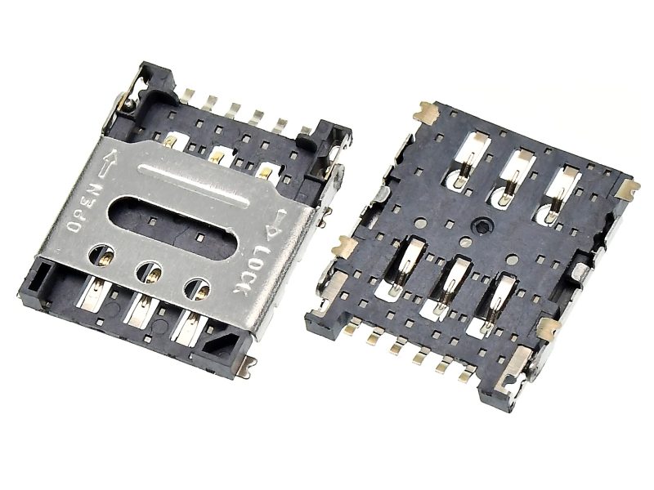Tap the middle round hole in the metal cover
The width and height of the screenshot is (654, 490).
click(150, 273)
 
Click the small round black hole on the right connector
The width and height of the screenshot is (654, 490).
click(481, 227)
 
